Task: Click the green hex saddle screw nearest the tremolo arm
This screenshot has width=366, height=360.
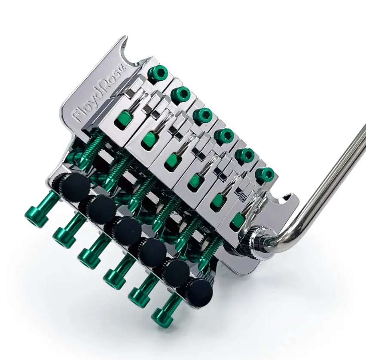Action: (x=265, y=174)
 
